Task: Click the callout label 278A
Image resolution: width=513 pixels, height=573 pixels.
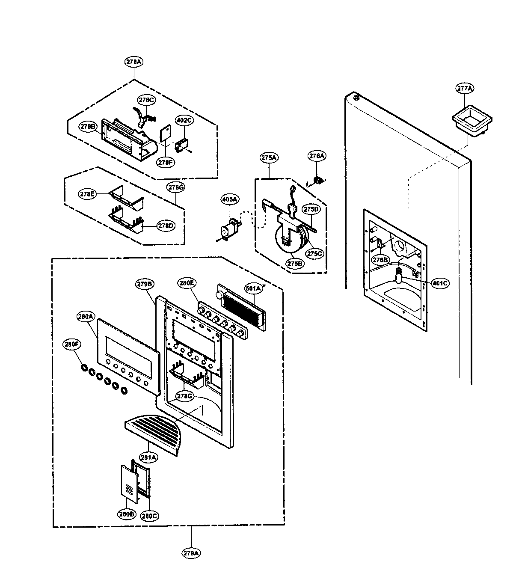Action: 134,62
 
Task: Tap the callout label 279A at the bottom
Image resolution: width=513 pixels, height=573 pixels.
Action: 191,553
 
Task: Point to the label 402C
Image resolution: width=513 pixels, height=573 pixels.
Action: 184,120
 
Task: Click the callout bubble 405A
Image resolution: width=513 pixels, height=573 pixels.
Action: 230,199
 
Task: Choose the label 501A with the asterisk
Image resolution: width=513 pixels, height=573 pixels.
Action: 253,288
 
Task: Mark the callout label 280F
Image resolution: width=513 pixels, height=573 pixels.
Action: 72,343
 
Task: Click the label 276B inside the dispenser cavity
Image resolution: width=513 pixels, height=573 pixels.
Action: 380,260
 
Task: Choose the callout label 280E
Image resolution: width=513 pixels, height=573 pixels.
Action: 187,282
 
